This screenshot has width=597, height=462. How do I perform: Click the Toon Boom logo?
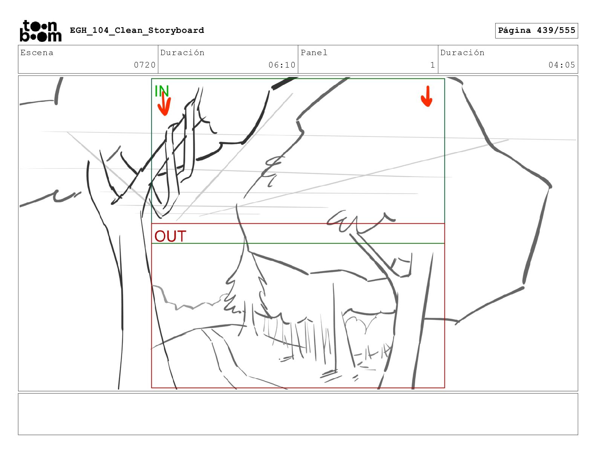tap(41, 31)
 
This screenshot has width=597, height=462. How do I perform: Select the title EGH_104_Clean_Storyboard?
tap(137, 30)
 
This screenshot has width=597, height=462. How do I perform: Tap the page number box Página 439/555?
tap(536, 31)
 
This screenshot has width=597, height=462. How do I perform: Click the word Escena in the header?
tap(37, 52)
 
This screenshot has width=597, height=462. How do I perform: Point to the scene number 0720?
tap(145, 65)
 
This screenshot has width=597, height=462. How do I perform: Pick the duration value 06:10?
tap(282, 65)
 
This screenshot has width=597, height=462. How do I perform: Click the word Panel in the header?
tap(314, 52)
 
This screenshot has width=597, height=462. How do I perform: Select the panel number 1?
tap(433, 65)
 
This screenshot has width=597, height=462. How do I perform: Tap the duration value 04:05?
tap(562, 65)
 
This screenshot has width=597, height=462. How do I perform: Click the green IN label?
tap(162, 91)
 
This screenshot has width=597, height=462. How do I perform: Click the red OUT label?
tap(170, 236)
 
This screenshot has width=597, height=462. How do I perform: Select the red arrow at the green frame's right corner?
tap(427, 96)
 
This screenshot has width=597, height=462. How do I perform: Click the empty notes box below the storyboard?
tap(298, 414)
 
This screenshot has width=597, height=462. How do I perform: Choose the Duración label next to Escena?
tap(182, 52)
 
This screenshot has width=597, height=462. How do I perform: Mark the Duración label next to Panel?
tap(462, 52)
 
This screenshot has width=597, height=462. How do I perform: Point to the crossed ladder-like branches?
tap(176, 154)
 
